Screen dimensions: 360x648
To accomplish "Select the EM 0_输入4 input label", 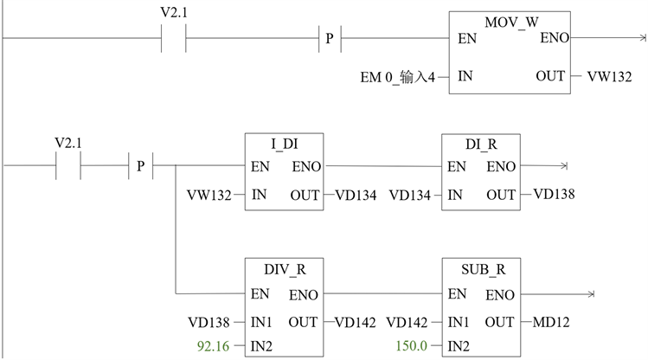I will click(403, 76).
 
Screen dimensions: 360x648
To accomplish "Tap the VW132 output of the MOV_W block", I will click(609, 76).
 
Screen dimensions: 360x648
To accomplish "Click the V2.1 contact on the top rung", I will click(175, 39).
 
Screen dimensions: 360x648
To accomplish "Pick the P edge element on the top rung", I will click(330, 39).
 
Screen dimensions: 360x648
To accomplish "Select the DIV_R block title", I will click(284, 270).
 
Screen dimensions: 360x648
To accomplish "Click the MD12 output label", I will click(550, 322).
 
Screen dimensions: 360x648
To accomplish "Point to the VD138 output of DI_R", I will click(554, 195).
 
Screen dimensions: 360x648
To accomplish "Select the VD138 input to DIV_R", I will click(209, 322).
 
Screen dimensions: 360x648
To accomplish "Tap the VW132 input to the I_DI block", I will click(209, 195).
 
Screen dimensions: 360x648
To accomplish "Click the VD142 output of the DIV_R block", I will click(355, 322).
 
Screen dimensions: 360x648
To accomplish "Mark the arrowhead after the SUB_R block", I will click(592, 295).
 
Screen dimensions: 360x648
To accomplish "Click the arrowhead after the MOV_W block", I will click(642, 39).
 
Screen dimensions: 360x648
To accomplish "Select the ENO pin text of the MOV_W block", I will click(554, 39).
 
